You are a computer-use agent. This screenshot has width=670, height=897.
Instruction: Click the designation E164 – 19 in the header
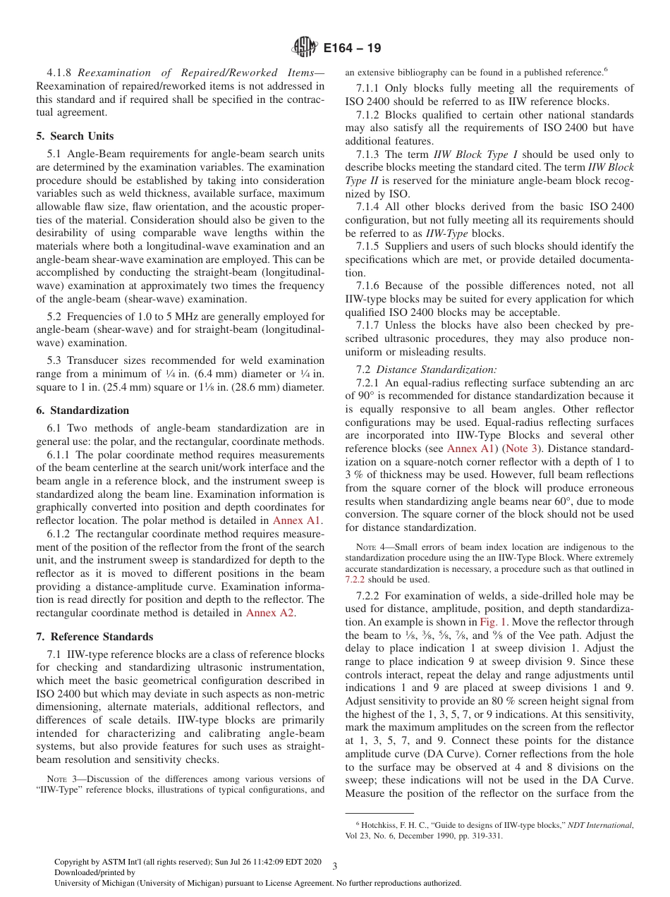(352, 48)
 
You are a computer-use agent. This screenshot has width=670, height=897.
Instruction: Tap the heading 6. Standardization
(83, 410)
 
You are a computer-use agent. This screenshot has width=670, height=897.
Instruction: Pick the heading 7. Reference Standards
(95, 637)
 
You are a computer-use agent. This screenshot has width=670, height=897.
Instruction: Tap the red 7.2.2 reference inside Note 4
(355, 580)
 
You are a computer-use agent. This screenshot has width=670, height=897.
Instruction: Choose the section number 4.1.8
(60, 73)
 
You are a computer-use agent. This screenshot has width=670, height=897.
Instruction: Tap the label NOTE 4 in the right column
(371, 547)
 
